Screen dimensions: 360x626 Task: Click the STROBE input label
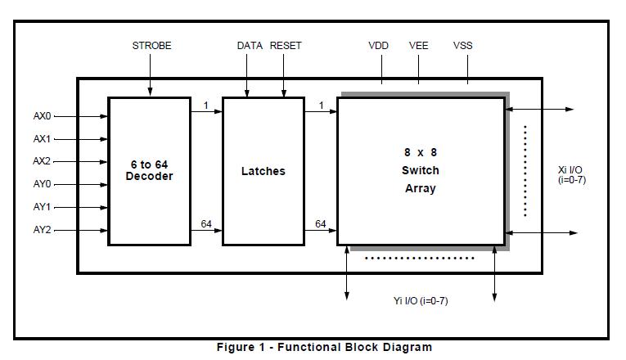[151, 46]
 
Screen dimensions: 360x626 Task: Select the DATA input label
[250, 46]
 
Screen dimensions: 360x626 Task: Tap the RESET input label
[286, 46]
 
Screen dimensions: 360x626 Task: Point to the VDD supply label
[378, 46]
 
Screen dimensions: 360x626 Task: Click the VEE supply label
[418, 46]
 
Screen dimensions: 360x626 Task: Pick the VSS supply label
[463, 46]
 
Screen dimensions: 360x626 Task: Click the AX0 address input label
[42, 116]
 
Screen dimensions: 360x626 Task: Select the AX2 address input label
[42, 161]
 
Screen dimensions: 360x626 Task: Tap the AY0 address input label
[42, 184]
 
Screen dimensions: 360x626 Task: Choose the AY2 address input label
[42, 230]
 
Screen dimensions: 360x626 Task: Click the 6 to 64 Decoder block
[149, 171]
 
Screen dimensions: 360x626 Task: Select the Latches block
[263, 171]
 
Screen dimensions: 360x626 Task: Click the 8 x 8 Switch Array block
[420, 170]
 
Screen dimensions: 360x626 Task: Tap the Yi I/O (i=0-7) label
[421, 301]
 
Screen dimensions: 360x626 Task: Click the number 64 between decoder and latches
[207, 224]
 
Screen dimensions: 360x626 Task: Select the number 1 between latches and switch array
[322, 104]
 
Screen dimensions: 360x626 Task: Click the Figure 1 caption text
[324, 347]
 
